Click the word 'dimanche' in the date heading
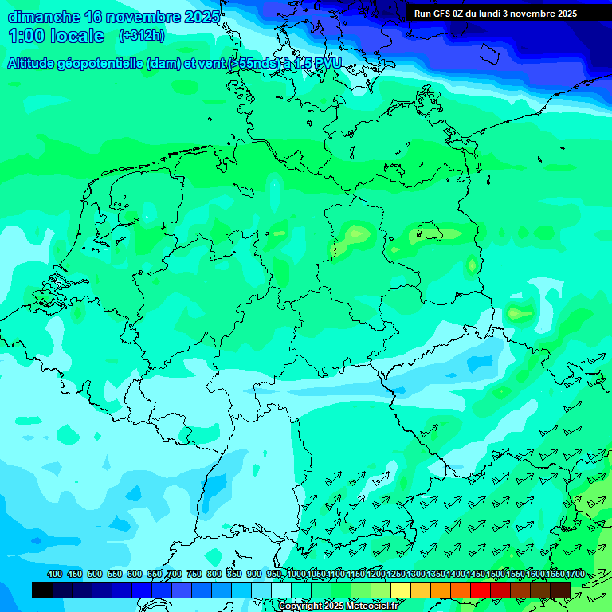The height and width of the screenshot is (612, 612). point(44,17)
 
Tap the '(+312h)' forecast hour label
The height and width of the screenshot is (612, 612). point(141,36)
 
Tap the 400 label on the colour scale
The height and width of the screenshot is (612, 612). point(55,574)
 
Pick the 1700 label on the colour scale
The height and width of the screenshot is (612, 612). point(575,574)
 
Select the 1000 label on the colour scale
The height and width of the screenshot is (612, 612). point(296,574)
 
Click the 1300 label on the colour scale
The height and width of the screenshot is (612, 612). point(416,574)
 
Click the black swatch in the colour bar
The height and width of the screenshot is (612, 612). point(41,590)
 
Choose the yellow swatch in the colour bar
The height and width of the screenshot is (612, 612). point(401,590)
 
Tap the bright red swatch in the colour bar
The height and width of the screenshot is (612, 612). point(481,590)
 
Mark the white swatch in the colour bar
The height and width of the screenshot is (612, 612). point(281,590)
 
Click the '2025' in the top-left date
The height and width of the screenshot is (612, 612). point(202,17)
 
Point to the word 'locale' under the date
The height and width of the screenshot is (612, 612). point(76,36)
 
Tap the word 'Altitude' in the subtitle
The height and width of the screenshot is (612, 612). point(31,63)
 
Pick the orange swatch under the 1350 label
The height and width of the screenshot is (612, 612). point(441,590)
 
